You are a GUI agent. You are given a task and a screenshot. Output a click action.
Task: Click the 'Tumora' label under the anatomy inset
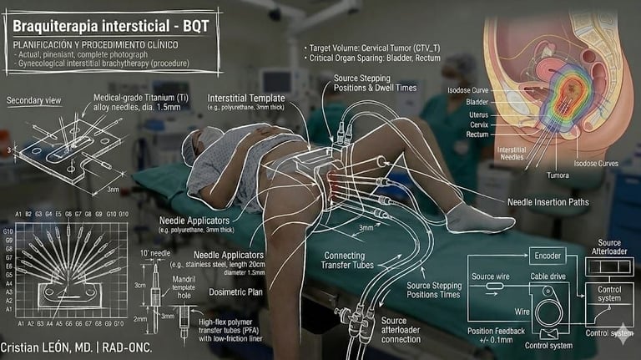point(534,175)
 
